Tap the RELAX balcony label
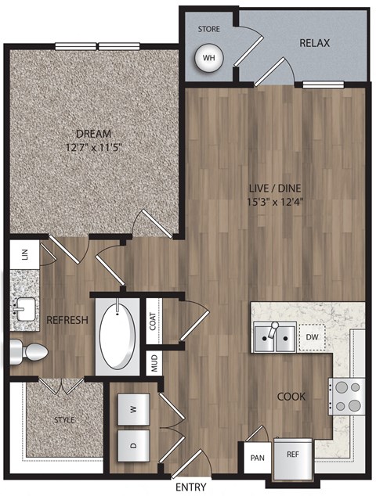314,42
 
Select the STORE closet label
208,29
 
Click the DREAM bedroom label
93,133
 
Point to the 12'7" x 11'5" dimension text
93,146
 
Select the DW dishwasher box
312,337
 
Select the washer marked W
132,408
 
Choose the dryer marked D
132,444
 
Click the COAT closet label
154,321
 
